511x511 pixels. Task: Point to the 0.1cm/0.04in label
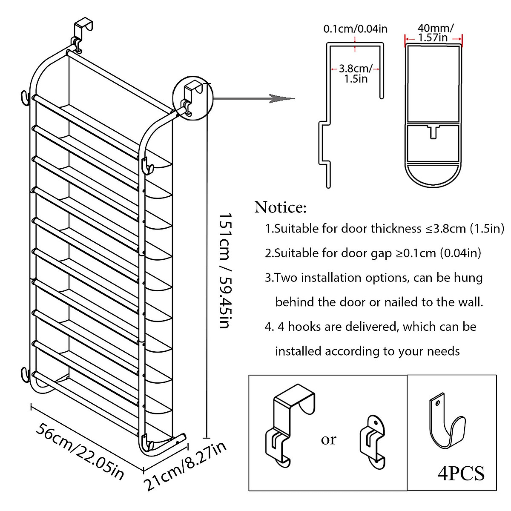coord(355,29)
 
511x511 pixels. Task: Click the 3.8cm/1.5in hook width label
coord(355,73)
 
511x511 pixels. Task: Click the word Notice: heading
coord(280,207)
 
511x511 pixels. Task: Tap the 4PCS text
coord(461,474)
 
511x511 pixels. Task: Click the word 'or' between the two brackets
coord(328,439)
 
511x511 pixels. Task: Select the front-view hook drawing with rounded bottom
coord(433,115)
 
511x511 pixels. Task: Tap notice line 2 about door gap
coord(373,253)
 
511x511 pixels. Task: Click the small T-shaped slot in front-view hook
coord(433,131)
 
